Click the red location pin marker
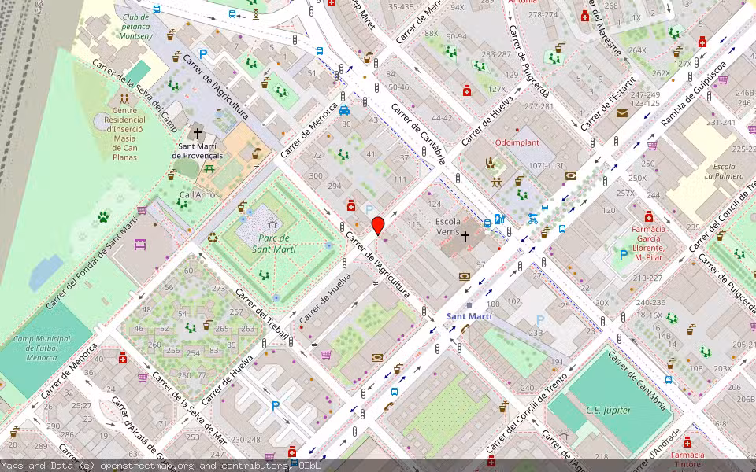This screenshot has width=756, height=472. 378,225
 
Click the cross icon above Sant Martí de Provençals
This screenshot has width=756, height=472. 198,134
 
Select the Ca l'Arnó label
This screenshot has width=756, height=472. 197,195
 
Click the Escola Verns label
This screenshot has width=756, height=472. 447,227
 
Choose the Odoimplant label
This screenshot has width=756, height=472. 516,142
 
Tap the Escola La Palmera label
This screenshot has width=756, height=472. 723,171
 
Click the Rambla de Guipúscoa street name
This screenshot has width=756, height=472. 692,94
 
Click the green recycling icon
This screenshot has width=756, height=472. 213,238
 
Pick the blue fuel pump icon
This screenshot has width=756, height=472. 498,219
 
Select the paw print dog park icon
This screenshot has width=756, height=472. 103,216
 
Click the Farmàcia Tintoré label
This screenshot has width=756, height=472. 687,459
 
